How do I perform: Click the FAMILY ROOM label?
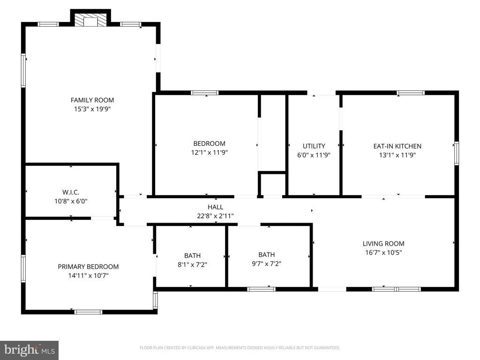[92, 100]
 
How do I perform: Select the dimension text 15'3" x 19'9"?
[92, 109]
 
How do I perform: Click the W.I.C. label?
[71, 192]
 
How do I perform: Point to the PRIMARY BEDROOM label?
[88, 267]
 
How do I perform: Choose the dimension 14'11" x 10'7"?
[88, 276]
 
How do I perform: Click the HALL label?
[216, 207]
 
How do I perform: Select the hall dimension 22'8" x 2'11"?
[216, 216]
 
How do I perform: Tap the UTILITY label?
[314, 146]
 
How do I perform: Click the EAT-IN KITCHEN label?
[397, 146]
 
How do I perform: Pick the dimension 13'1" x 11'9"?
[397, 155]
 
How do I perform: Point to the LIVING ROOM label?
[383, 243]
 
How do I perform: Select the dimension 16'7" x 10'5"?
[383, 252]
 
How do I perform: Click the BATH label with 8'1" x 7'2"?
[192, 255]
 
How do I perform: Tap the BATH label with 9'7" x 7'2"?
[266, 255]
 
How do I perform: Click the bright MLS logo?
[29, 350]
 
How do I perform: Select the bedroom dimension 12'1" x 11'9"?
[209, 152]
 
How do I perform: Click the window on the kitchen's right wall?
[457, 154]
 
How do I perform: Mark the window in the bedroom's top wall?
[205, 93]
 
